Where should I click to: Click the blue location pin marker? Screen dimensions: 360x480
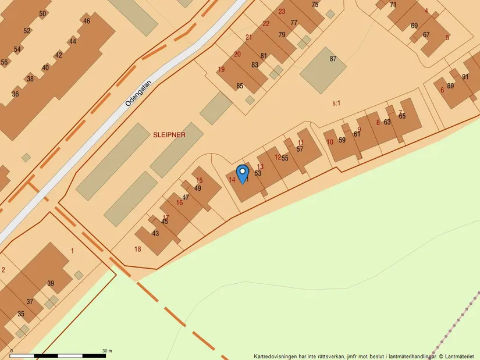[x=242, y=174]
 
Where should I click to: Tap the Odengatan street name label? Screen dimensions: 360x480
[x=138, y=93]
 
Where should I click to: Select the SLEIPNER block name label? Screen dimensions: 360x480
[x=169, y=135]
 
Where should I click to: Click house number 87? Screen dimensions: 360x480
[x=333, y=59]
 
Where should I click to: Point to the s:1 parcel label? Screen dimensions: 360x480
[x=336, y=103]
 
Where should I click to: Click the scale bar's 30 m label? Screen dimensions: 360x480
[x=107, y=351]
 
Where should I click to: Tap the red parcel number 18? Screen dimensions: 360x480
[x=137, y=249]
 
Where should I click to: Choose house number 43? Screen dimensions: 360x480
[x=155, y=233]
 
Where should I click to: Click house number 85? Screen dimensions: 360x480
[x=240, y=86]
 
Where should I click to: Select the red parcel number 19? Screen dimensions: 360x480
[x=221, y=70]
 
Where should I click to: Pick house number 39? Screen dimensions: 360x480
[x=51, y=283]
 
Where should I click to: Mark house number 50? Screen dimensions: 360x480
[x=42, y=13]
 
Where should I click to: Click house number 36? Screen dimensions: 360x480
[x=15, y=94]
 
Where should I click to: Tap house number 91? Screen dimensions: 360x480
[x=465, y=77]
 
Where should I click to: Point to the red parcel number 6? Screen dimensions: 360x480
[x=442, y=90]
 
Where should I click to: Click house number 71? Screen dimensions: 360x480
[x=393, y=5]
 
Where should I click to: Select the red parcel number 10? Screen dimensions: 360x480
[x=329, y=142]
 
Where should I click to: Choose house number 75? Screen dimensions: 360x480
[x=315, y=5]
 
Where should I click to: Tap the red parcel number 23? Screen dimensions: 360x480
[x=282, y=12]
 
